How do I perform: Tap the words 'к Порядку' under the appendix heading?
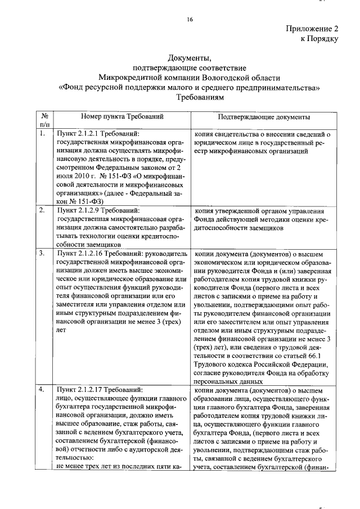point(319,39)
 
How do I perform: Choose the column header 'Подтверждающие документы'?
point(263,117)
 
